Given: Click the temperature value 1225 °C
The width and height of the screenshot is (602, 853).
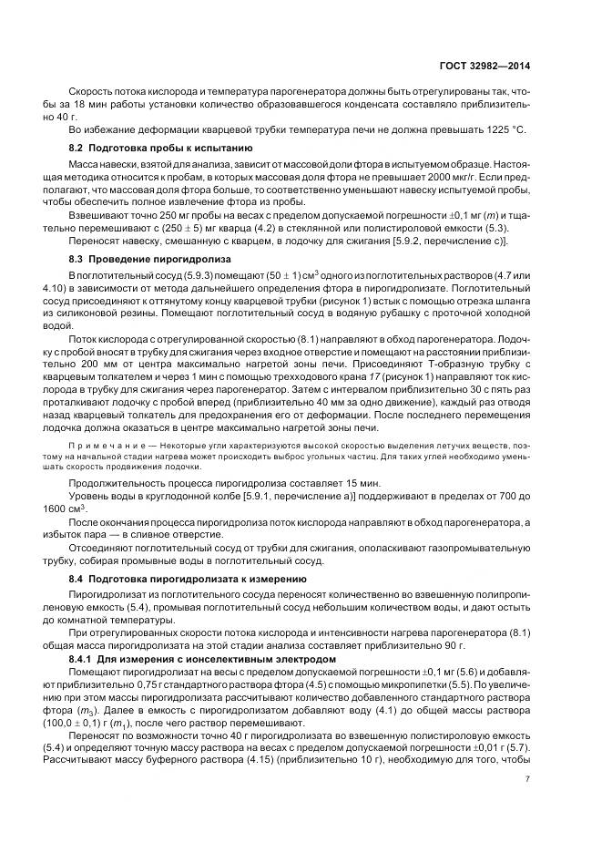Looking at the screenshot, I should (504, 130).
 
